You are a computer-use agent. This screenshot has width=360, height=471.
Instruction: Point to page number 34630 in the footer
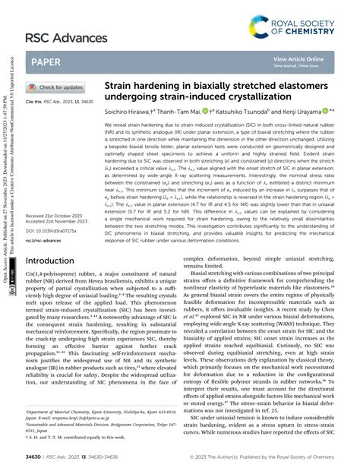34,458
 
